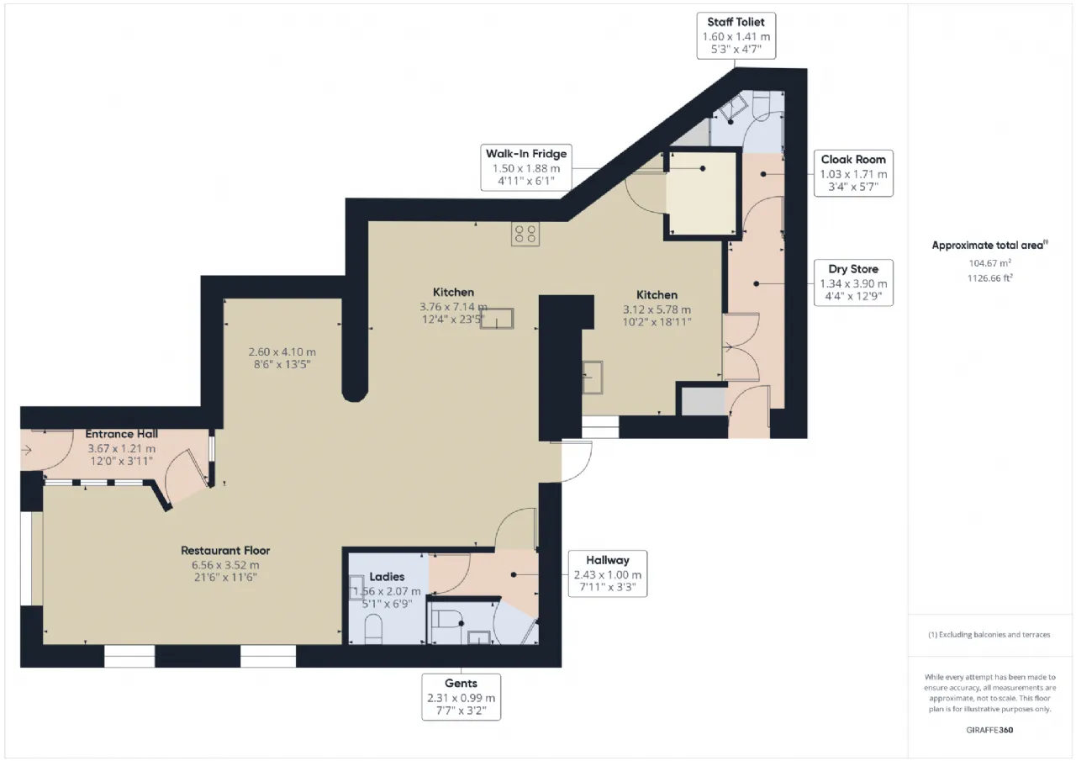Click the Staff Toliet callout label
click(736, 35)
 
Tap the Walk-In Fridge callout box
click(526, 167)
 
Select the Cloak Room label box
click(853, 173)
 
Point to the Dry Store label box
click(853, 283)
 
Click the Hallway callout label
click(608, 573)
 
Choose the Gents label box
click(462, 696)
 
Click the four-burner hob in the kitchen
click(525, 234)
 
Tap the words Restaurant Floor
click(225, 551)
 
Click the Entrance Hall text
click(122, 434)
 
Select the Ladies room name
click(387, 577)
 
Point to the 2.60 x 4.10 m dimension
click(282, 351)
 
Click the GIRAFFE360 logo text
click(989, 730)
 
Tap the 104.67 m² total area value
click(989, 263)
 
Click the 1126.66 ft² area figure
click(989, 277)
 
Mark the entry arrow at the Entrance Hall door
click(26, 450)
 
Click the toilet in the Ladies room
click(373, 629)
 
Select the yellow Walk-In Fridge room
click(703, 193)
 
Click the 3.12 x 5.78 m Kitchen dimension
click(657, 309)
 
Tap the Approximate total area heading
click(989, 245)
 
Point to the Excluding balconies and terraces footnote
click(989, 635)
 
